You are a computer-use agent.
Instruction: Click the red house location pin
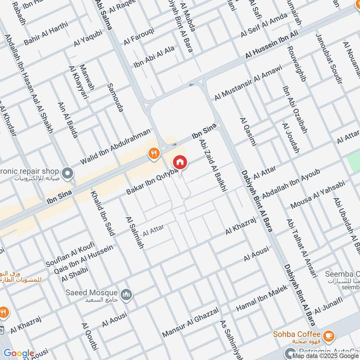click(x=180, y=162)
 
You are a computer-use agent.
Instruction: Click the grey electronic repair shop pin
click(x=67, y=172)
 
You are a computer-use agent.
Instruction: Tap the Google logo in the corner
click(x=18, y=353)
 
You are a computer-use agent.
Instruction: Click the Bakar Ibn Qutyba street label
click(x=152, y=182)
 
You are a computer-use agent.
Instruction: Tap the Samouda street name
click(x=115, y=97)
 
